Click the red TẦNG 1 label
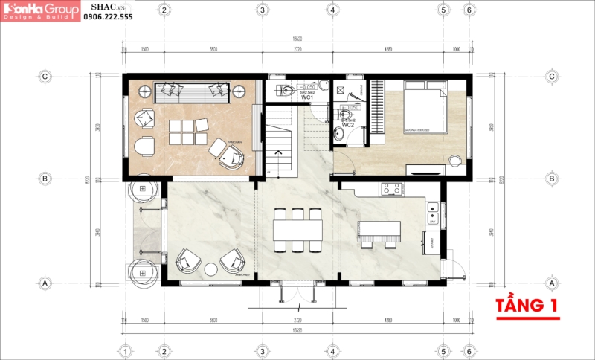528,305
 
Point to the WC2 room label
348,123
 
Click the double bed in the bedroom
425,109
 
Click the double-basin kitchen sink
431,213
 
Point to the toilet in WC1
288,91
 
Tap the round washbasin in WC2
340,132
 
